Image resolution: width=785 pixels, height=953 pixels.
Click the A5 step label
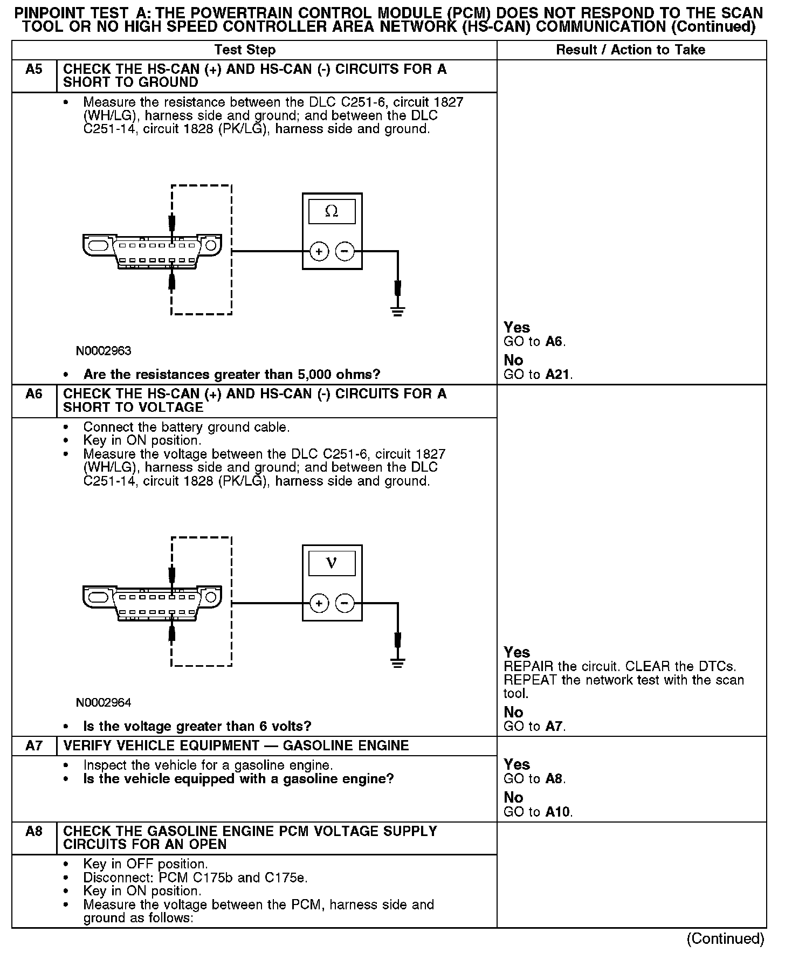click(x=33, y=70)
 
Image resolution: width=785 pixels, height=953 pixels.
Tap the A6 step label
click(x=33, y=394)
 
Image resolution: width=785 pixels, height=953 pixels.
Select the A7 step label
click(x=33, y=746)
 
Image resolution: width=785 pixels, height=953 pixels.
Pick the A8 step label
click(x=33, y=831)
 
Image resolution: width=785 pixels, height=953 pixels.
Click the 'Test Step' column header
click(x=245, y=50)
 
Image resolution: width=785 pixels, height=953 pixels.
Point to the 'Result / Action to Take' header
click(x=630, y=50)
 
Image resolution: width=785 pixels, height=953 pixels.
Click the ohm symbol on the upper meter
click(x=332, y=212)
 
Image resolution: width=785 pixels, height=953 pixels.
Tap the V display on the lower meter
click(x=332, y=563)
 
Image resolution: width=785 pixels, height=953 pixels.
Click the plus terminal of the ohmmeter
click(x=319, y=252)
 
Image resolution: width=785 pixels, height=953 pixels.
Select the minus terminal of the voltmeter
click(x=345, y=603)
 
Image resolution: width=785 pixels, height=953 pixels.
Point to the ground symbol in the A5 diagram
click(x=398, y=311)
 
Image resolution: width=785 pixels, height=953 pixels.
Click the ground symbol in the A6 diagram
click(x=398, y=662)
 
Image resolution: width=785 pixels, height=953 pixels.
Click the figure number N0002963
click(x=104, y=351)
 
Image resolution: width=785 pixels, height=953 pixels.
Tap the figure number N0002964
click(x=104, y=703)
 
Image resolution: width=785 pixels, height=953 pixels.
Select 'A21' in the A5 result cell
click(x=557, y=375)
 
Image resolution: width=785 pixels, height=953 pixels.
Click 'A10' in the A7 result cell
click(x=557, y=812)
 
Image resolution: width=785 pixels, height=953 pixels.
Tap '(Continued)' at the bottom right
click(x=725, y=939)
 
